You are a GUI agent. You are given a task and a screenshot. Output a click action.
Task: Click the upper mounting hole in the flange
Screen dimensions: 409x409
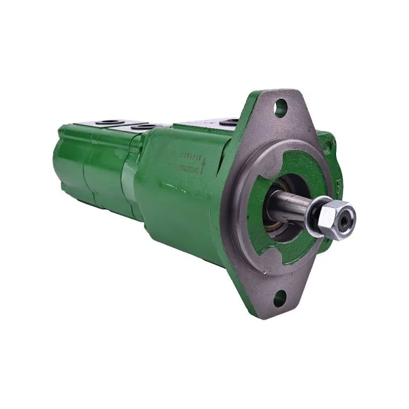tap(280, 106)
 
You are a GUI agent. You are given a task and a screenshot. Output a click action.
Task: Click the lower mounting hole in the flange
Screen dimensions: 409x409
tap(280, 297)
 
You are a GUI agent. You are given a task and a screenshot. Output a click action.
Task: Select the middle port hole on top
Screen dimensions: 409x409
tap(143, 126)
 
